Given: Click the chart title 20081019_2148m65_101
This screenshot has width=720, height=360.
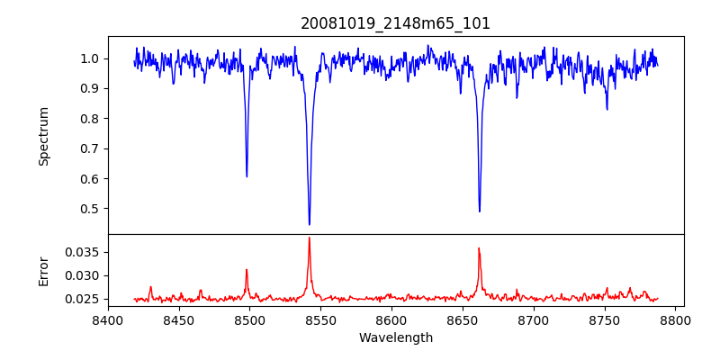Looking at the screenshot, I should click(395, 23).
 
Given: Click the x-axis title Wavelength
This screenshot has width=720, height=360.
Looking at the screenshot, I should click(395, 338).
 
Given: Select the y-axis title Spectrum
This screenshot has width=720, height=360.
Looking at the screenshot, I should click(43, 136).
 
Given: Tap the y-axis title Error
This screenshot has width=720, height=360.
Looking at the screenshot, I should click(43, 270).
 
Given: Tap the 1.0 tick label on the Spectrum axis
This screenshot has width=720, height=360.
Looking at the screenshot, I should click(90, 58).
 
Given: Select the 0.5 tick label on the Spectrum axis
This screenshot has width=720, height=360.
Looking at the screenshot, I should click(90, 209).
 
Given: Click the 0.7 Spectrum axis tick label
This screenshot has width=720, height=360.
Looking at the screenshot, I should click(90, 148).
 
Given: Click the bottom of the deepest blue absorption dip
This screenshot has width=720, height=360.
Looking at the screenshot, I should click(309, 224).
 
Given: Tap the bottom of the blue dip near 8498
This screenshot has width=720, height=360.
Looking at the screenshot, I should click(247, 176).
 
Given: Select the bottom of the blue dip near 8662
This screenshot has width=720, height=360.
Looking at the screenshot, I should click(479, 211).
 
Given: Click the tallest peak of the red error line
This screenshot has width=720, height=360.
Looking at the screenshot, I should click(309, 238).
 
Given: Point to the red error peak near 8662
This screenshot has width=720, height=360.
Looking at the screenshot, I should click(479, 248).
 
